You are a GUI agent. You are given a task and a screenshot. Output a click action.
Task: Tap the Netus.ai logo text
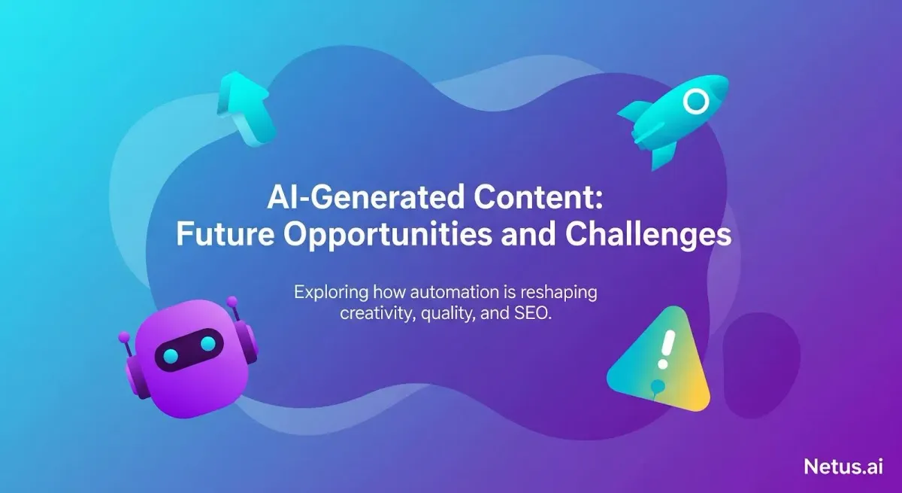click(x=843, y=466)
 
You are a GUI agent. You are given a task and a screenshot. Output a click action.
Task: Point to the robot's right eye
click(x=207, y=345)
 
